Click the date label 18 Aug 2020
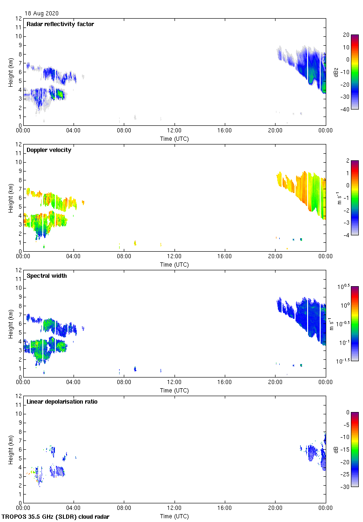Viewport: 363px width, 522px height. click(42, 14)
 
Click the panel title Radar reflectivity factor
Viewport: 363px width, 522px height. click(60, 24)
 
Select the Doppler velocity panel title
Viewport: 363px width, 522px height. click(49, 150)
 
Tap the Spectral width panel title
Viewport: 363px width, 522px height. click(47, 276)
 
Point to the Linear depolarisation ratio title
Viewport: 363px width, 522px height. click(62, 402)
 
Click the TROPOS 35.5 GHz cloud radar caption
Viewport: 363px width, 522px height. click(56, 517)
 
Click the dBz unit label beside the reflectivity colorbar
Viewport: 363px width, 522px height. click(336, 72)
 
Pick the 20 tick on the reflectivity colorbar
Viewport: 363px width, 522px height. click(346, 35)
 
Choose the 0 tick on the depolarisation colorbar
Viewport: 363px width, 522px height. click(347, 412)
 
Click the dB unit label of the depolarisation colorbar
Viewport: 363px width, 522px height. click(336, 449)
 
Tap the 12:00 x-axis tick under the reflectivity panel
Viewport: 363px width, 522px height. click(175, 131)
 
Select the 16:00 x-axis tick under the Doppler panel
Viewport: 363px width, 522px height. click(225, 257)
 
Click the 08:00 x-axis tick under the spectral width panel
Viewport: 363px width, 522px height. click(124, 383)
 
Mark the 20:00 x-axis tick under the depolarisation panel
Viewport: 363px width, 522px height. click(275, 508)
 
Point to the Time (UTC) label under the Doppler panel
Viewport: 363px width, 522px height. click(175, 265)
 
